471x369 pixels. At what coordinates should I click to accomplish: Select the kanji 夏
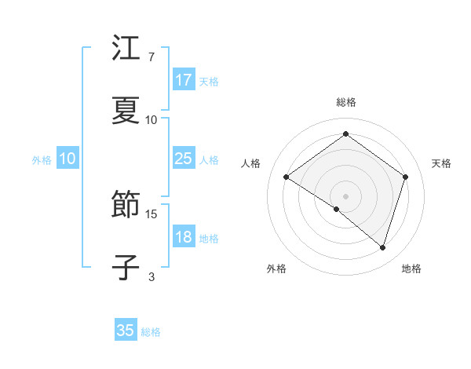pos(126,111)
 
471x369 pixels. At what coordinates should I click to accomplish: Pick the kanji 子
pos(126,267)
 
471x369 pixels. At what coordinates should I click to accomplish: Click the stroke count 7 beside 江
pos(151,57)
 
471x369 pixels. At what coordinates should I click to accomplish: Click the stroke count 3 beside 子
pos(151,276)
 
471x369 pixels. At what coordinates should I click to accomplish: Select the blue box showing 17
pos(184,80)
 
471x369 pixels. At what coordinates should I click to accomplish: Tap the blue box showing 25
pos(184,159)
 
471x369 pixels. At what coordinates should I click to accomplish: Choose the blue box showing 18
pos(184,237)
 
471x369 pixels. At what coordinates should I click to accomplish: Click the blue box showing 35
pos(126,331)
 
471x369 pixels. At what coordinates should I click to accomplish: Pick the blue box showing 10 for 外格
pos(68,159)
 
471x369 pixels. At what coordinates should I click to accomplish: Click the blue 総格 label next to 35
pos(151,332)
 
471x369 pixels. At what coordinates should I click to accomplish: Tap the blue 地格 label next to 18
pos(209,239)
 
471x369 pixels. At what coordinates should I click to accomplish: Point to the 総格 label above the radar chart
pos(346,102)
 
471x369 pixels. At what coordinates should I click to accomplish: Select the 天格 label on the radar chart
pos(441,163)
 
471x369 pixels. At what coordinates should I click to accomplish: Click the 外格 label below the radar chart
pos(276,269)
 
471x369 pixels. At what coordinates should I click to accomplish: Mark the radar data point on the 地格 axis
pos(382,247)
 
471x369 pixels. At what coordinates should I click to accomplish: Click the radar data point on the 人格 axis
pos(286,177)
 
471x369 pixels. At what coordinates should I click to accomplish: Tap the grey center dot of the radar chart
pos(345,195)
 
